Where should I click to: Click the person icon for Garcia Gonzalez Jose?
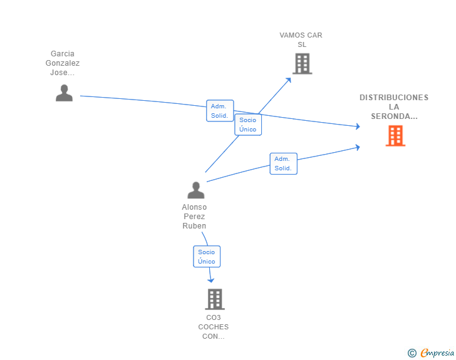click(x=64, y=93)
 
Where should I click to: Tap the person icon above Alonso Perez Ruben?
click(x=195, y=190)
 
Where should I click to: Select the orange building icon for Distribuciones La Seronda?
click(x=395, y=135)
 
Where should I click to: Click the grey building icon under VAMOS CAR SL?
click(x=302, y=64)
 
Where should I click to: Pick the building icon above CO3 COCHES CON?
click(x=215, y=299)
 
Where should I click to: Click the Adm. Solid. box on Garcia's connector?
click(x=220, y=111)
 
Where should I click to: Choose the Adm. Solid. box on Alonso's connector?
click(x=284, y=163)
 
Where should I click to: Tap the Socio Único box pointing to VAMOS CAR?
click(x=248, y=125)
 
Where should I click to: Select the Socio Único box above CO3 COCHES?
click(x=207, y=257)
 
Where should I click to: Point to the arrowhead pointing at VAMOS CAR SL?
click(x=289, y=80)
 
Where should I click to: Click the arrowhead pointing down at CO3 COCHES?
click(x=211, y=280)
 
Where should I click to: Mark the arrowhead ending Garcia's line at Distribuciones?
click(x=358, y=126)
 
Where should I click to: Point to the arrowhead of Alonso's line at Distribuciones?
click(x=358, y=147)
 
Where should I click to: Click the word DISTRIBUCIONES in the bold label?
click(x=394, y=98)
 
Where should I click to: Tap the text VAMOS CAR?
click(x=301, y=35)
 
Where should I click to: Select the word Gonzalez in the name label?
click(x=63, y=63)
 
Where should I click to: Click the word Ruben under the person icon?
click(x=194, y=225)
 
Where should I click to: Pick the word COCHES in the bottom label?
click(x=214, y=327)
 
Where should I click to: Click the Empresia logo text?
click(x=437, y=352)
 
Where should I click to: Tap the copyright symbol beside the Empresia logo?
click(x=412, y=353)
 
